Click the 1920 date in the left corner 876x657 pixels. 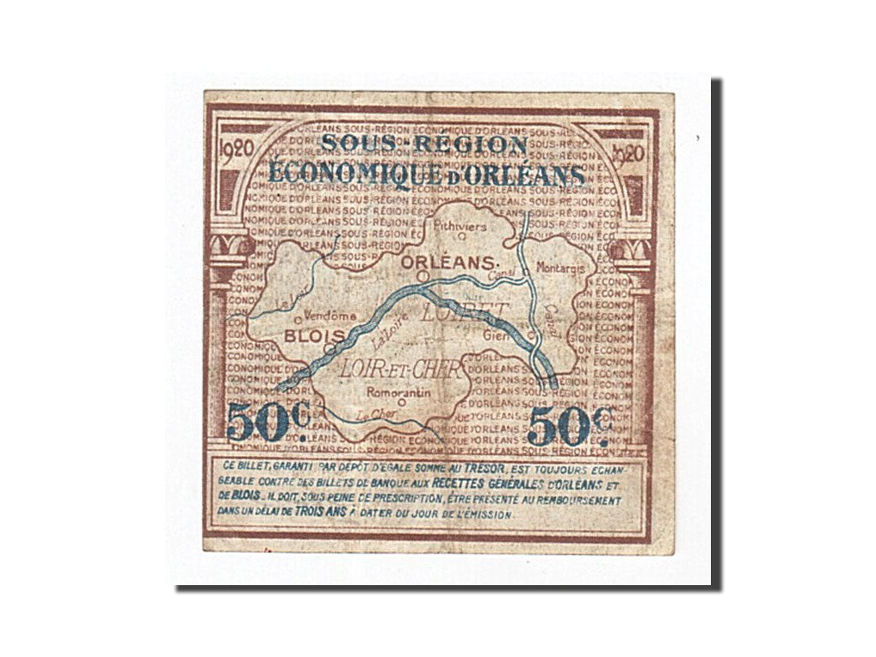click(236, 147)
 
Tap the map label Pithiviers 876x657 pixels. click(460, 226)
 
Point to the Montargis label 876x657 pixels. click(565, 267)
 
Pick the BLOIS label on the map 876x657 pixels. click(315, 334)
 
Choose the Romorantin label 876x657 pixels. click(398, 393)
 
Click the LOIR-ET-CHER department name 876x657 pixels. click(401, 370)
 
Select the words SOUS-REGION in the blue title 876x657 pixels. click(424, 144)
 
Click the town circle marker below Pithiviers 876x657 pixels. click(460, 237)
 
